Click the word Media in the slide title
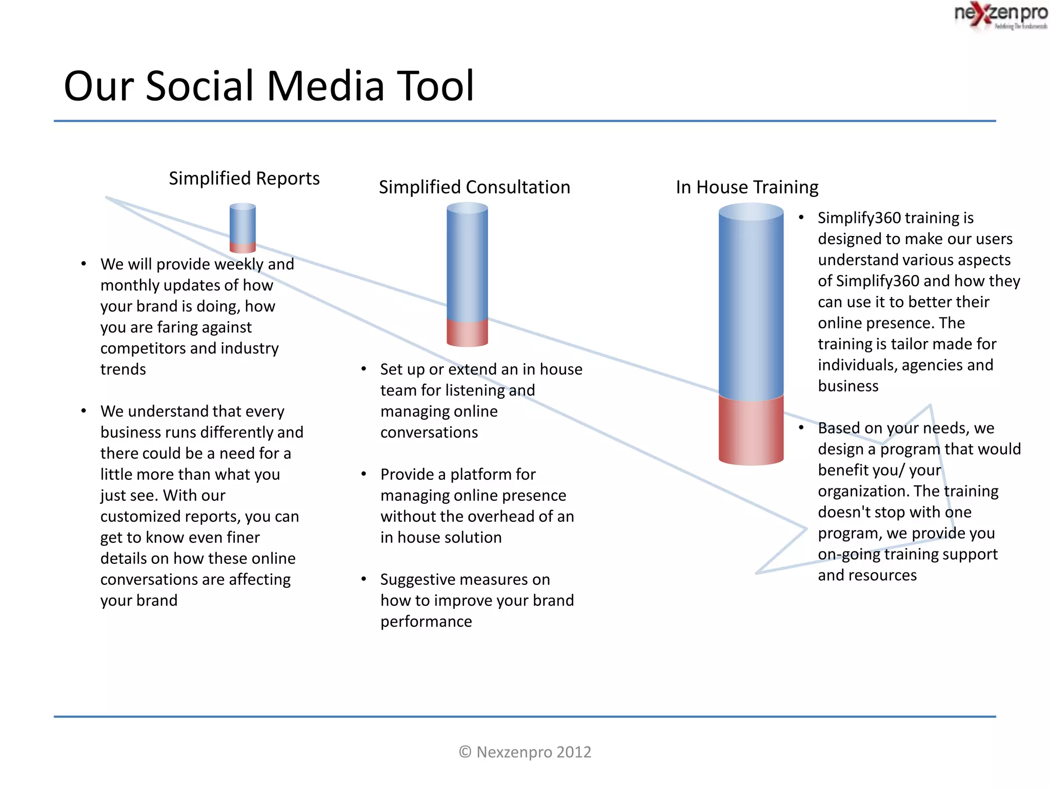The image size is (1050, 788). point(325,86)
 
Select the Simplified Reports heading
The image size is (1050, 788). point(244,179)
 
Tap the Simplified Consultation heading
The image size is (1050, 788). point(474,187)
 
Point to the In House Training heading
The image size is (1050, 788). point(747,187)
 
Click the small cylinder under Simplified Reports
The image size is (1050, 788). point(243,228)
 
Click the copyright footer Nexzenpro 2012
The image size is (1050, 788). point(525,752)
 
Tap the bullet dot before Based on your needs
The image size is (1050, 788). point(801,427)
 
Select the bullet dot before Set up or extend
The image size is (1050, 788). point(364,369)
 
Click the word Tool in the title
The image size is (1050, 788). point(436,86)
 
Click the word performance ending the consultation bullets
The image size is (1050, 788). point(426,622)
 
